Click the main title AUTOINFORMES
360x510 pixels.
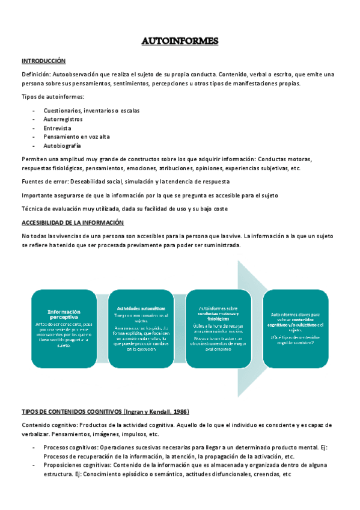click(x=180, y=41)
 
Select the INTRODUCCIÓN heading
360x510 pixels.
click(x=43, y=61)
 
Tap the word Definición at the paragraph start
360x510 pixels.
click(x=35, y=74)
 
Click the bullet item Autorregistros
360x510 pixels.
click(x=63, y=119)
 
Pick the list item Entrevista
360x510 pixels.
click(x=57, y=128)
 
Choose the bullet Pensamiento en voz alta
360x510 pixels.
click(x=76, y=137)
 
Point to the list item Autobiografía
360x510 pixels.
click(x=62, y=146)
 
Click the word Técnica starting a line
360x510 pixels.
click(x=33, y=209)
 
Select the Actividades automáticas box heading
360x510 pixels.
click(x=141, y=308)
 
